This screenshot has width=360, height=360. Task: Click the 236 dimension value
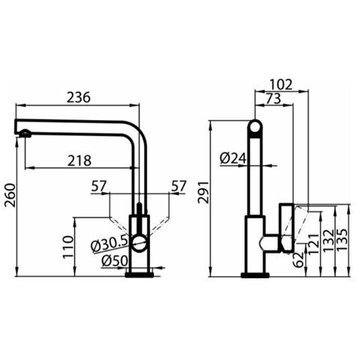[79, 97]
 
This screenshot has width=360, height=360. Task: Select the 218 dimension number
[79, 160]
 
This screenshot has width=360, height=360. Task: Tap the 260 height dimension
[10, 195]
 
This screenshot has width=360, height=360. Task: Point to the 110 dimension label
[68, 247]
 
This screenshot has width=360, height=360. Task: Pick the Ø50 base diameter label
[115, 261]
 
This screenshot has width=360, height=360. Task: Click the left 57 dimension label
[99, 186]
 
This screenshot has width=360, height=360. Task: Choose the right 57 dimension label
[178, 186]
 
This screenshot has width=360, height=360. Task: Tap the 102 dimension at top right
[281, 85]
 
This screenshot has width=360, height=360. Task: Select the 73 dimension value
[274, 98]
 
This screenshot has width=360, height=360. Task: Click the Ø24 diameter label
[233, 158]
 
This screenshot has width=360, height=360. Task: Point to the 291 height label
[203, 193]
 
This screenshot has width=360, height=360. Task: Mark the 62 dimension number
[298, 259]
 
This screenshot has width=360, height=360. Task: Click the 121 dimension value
[313, 244]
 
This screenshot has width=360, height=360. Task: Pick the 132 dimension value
[328, 240]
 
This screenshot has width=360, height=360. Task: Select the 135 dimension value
[342, 239]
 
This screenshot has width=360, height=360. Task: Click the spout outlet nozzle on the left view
[25, 133]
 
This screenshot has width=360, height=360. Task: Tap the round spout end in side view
[255, 127]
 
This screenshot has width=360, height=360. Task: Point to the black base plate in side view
[255, 275]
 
